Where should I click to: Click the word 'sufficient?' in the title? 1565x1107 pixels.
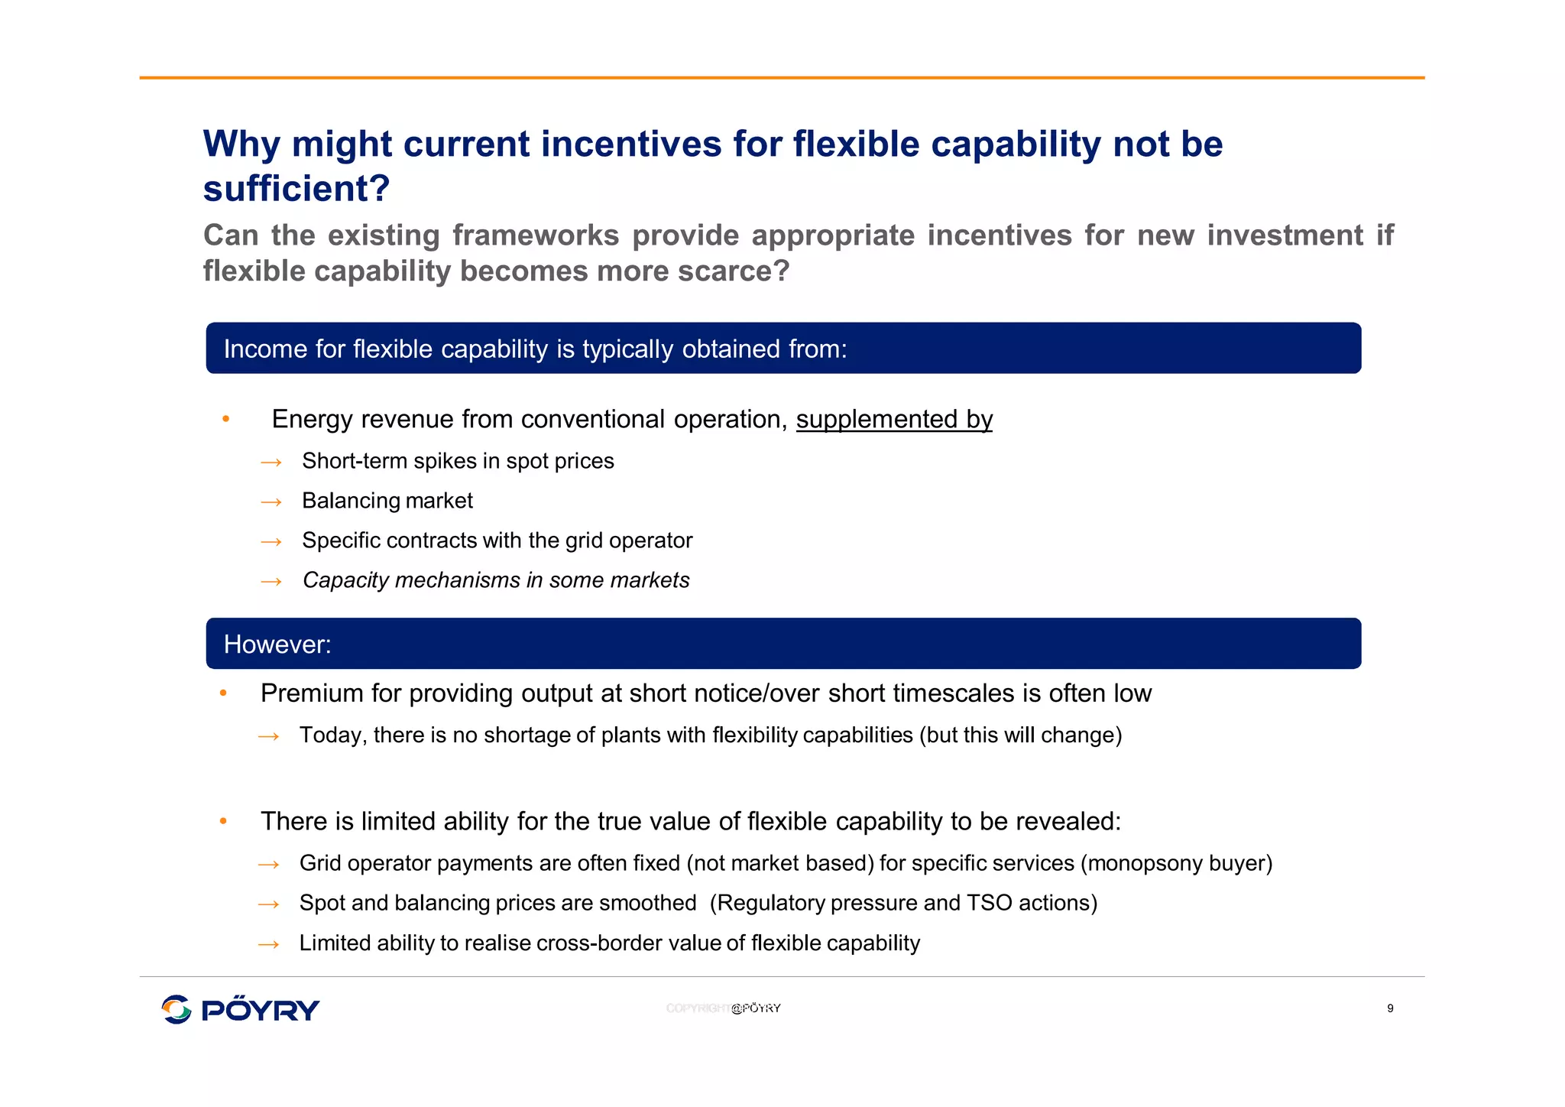pos(296,189)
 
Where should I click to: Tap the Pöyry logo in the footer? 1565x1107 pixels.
pos(240,1009)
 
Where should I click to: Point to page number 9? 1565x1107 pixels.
pos(1390,1008)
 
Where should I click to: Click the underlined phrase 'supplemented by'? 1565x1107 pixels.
pos(894,420)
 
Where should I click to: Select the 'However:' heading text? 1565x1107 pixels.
pos(277,644)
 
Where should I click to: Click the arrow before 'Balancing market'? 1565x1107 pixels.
pos(271,502)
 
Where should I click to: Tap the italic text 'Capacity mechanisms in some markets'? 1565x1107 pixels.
pos(496,580)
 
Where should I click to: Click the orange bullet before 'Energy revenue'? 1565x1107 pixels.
pos(225,419)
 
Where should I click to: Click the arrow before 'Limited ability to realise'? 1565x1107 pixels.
pos(269,945)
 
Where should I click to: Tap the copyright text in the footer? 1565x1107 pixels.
pos(723,1008)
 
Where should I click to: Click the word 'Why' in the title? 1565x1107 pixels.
pos(242,144)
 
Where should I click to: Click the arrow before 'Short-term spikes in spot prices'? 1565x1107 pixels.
pos(271,463)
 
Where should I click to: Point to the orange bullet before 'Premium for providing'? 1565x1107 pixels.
pos(223,693)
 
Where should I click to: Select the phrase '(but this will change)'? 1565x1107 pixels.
pos(1020,735)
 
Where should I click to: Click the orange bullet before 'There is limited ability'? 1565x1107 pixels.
pos(223,821)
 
